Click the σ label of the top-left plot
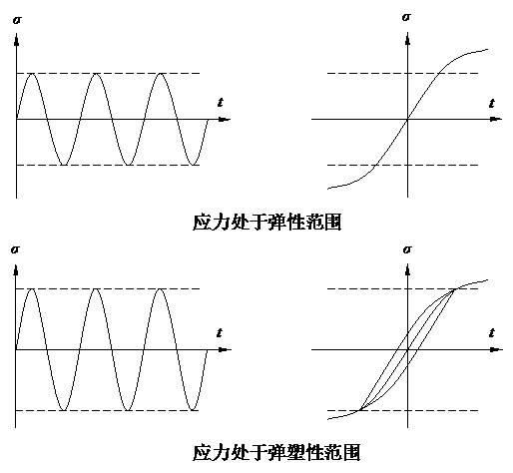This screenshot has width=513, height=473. click(17, 20)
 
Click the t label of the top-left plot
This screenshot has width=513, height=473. click(221, 103)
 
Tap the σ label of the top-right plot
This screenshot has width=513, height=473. click(406, 17)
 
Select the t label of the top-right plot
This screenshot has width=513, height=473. click(492, 103)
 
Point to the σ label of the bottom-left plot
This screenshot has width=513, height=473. click(15, 249)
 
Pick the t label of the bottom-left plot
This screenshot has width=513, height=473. click(220, 332)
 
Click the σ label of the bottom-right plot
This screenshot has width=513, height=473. click(407, 249)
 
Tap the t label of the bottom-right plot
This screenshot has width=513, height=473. click(492, 332)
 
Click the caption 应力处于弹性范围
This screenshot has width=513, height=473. click(267, 222)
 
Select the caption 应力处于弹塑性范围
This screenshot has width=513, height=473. click(276, 452)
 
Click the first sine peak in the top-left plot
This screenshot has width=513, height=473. click(32, 74)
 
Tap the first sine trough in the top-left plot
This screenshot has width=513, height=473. click(64, 165)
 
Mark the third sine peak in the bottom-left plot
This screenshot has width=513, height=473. click(160, 288)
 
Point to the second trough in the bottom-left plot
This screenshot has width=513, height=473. click(128, 410)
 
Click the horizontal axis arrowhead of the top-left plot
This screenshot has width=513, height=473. click(225, 119)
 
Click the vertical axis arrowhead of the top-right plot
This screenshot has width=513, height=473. click(408, 39)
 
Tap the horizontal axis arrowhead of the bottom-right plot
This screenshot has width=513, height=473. click(497, 349)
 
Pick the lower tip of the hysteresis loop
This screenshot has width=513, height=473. click(360, 409)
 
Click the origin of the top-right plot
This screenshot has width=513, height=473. click(408, 119)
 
